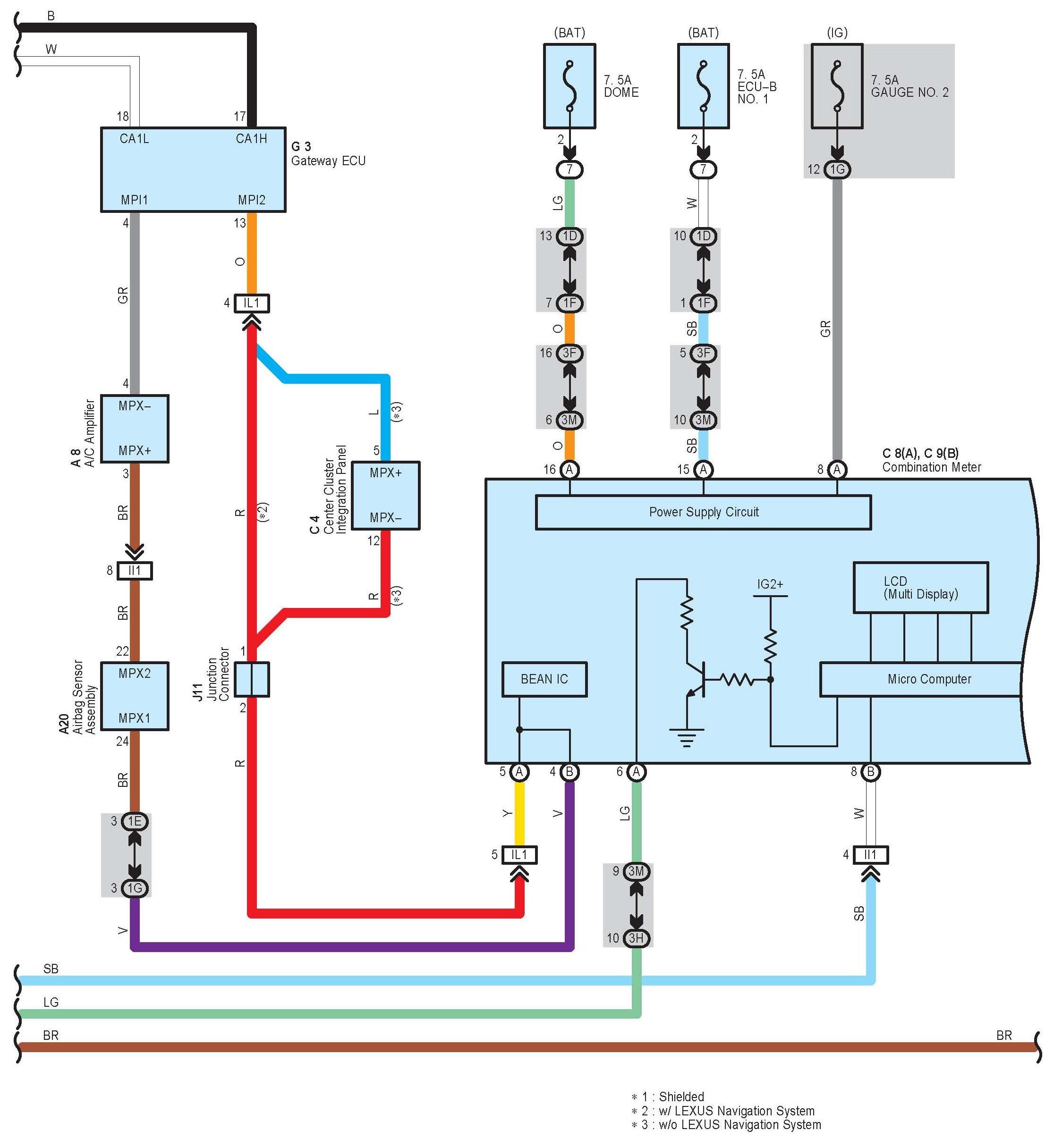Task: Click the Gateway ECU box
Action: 193,169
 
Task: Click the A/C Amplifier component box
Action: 135,428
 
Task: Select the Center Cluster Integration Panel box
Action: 385,496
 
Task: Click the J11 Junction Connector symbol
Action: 252,679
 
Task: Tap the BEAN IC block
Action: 544,679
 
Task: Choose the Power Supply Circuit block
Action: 703,512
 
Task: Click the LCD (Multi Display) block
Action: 920,588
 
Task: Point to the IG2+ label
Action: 770,584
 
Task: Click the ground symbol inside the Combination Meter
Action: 687,738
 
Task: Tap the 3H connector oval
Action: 636,938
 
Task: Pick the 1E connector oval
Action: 135,821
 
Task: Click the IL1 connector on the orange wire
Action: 252,303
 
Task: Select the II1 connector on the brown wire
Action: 135,571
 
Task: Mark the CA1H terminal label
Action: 252,138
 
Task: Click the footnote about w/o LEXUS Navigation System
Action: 726,1125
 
